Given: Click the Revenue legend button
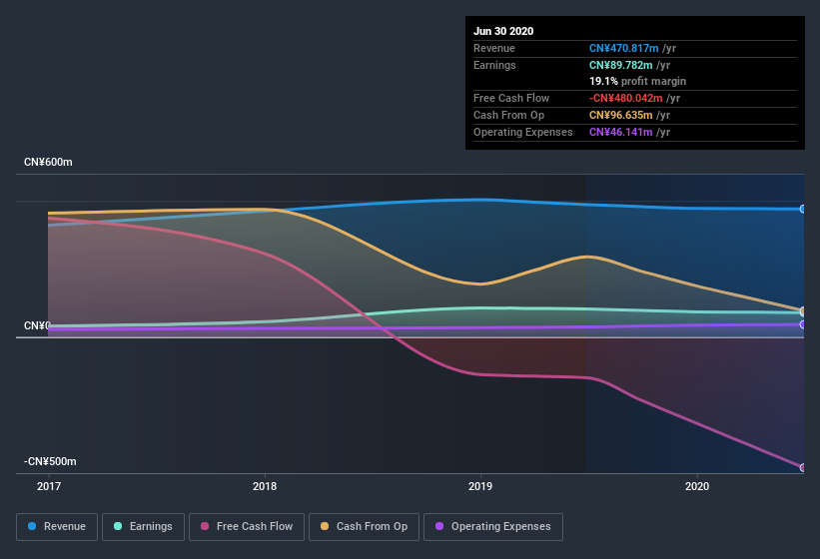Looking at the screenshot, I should point(57,526).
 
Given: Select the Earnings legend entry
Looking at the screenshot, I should point(143,526).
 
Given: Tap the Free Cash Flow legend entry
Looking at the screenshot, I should point(246,526).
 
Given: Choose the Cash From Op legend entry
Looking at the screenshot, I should point(363,526).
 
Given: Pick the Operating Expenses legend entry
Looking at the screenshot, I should point(492,526).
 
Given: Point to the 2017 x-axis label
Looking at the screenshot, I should point(49,487).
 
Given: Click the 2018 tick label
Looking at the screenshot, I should point(265,487).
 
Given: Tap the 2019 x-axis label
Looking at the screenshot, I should point(480,487).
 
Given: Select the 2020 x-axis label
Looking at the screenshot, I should point(697,487).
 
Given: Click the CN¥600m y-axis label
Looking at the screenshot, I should point(48,162).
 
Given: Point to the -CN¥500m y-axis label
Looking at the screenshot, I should point(51,462).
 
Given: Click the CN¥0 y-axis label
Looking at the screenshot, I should point(36,326).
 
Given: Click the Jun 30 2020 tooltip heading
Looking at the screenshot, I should point(503,31).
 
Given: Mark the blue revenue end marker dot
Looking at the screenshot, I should point(803,209).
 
